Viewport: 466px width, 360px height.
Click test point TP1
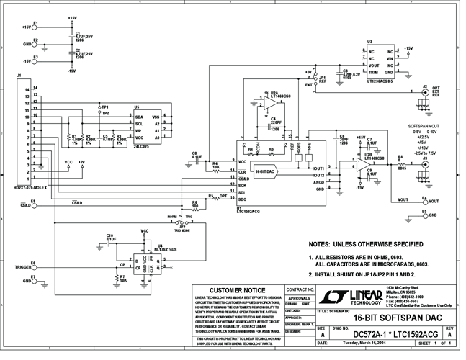[x=98, y=107]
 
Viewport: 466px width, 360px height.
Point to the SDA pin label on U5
[x=138, y=116]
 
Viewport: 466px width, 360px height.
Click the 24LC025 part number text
[x=144, y=147]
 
